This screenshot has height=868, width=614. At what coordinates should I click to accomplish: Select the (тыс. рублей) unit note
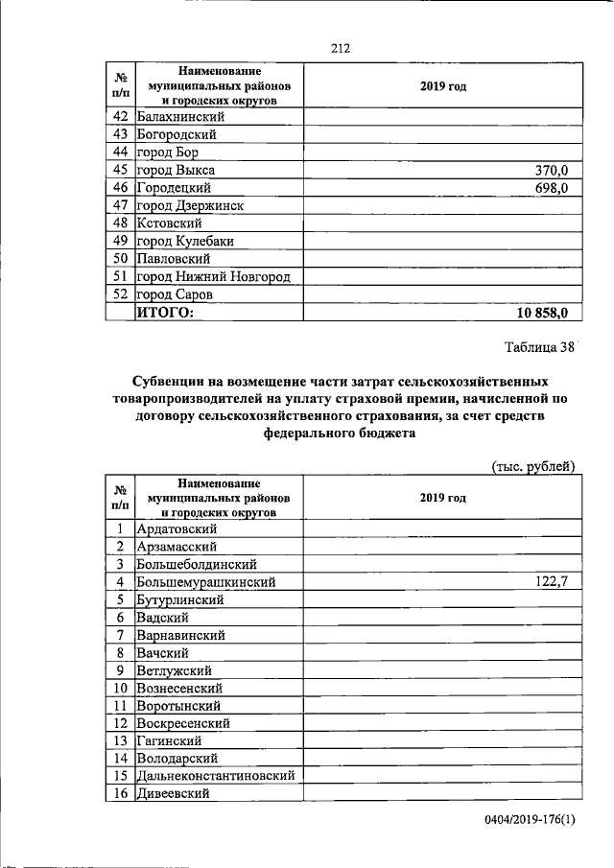532,466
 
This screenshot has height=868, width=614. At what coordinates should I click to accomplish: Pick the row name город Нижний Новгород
213,277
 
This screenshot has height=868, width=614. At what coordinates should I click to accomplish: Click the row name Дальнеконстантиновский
216,776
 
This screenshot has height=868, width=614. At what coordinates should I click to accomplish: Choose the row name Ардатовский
177,528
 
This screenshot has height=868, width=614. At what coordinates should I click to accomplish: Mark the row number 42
121,117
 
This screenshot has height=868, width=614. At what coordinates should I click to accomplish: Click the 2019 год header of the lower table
443,499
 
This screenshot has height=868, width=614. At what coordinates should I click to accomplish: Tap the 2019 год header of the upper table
443,86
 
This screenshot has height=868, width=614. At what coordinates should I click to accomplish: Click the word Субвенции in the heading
169,381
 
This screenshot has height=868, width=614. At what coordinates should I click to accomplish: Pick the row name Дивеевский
174,793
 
